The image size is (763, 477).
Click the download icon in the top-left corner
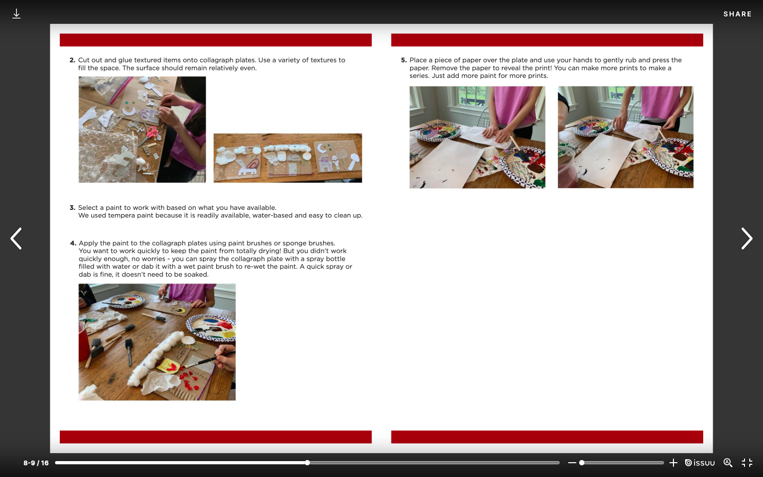point(16,14)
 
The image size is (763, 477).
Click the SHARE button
point(738,14)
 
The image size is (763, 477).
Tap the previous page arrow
point(16,238)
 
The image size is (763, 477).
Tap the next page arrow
point(747,238)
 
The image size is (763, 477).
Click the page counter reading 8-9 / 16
point(36,463)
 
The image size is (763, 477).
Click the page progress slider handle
point(307,463)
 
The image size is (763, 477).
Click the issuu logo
point(700,463)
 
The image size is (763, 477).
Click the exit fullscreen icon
point(747,463)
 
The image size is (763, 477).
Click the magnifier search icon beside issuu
point(728,463)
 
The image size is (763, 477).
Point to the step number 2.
point(72,60)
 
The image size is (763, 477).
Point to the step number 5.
point(404,60)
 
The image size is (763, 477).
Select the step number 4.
point(73,243)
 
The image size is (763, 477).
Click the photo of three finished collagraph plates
point(288,158)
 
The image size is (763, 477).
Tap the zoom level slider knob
point(582,463)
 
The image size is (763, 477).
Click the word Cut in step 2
point(84,60)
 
